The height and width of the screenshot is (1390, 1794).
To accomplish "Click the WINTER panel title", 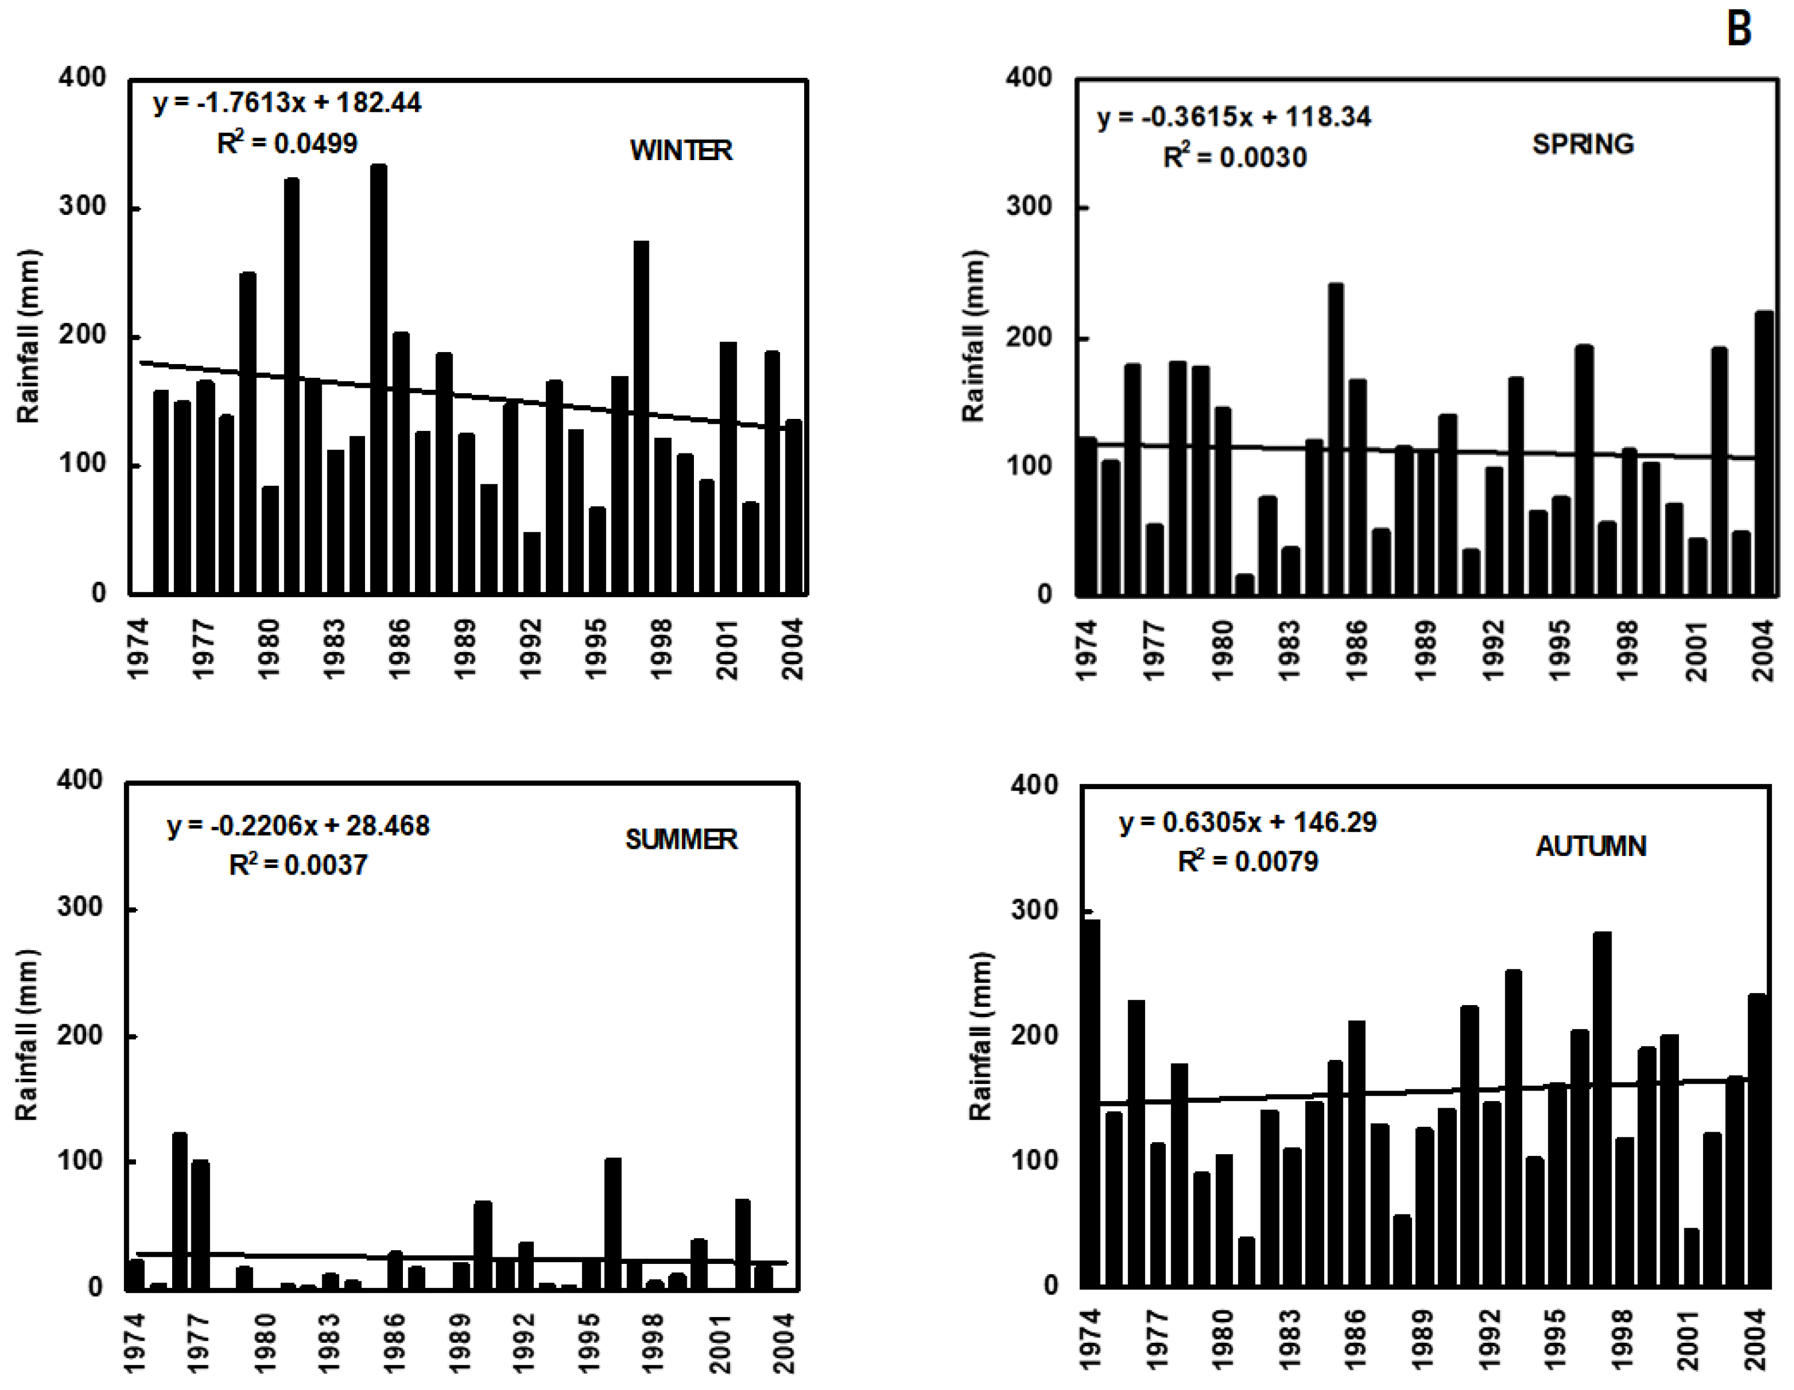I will click(681, 150).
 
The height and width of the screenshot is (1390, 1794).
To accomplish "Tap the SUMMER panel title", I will click(681, 839).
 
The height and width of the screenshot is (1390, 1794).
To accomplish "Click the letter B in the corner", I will click(1739, 30).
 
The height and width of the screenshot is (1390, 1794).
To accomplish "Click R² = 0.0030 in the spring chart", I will click(1234, 156).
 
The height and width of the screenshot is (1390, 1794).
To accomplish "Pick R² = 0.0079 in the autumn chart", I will click(1247, 861).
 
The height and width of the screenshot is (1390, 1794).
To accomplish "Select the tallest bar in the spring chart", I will click(1336, 440).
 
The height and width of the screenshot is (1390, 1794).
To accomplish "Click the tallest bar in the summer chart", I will click(179, 1212).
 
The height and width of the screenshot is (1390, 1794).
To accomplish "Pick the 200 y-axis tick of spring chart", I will click(1028, 337).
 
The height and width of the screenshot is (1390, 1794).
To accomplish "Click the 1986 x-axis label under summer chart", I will click(394, 1342).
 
